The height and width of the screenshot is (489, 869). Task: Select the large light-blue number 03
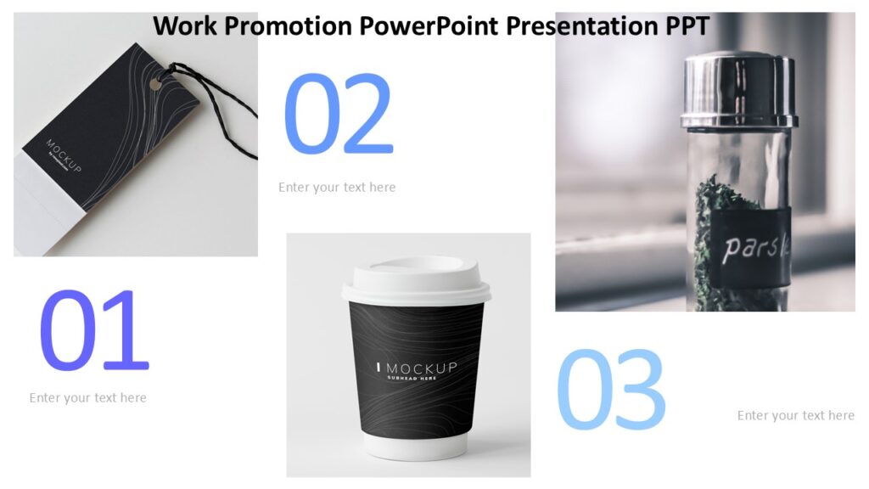(x=610, y=389)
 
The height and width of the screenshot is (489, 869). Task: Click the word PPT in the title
(x=682, y=26)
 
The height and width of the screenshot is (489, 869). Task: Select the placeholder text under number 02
(x=337, y=187)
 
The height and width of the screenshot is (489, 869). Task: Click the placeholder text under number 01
(x=87, y=397)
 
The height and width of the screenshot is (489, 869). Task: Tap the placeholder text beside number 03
(x=795, y=415)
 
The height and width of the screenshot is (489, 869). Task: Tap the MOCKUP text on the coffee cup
(x=421, y=368)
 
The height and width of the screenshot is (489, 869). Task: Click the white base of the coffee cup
(x=416, y=447)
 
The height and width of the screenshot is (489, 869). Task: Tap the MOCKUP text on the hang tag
(x=64, y=156)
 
